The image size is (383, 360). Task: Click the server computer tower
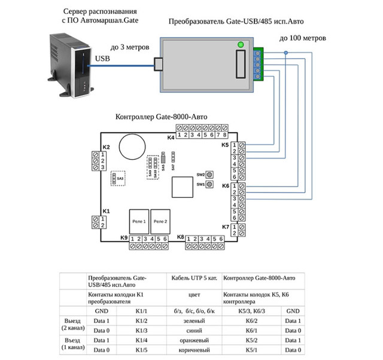[x=68, y=65]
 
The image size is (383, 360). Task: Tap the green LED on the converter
[x=241, y=44]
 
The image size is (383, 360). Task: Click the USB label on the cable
[x=102, y=59]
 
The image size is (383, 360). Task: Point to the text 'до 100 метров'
[x=303, y=38]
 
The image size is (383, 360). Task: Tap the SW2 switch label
[x=200, y=175]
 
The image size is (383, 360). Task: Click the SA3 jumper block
[x=120, y=178]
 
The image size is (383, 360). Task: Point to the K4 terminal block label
[x=171, y=138]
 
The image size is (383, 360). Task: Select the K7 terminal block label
[x=226, y=227]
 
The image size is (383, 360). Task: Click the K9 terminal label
[x=124, y=238]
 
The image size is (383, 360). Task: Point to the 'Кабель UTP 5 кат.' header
[x=193, y=278]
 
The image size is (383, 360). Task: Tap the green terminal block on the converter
[x=258, y=63]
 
